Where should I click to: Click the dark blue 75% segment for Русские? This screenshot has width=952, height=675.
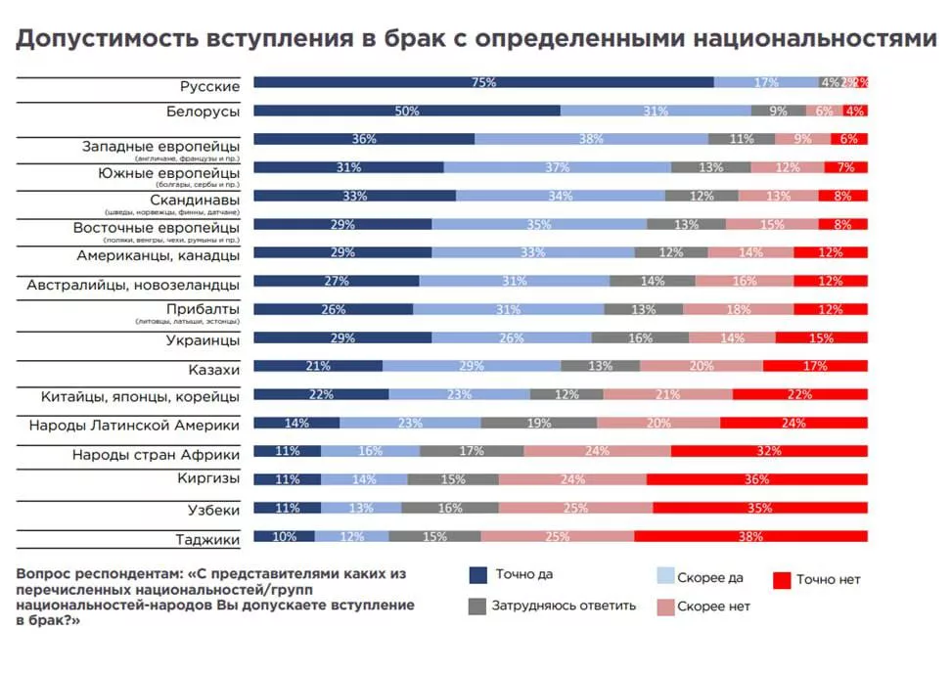point(483,83)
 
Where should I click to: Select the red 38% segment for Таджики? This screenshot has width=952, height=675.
point(750,537)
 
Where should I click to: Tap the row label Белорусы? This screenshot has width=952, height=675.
point(204,112)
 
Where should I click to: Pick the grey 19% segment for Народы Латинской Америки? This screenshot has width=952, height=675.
point(538,424)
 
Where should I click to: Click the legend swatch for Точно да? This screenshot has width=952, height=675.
point(478,576)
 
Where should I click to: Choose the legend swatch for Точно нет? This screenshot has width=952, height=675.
point(781,580)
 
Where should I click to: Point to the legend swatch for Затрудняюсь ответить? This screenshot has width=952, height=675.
point(478,606)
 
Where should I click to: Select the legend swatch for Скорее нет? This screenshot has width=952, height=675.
point(664,607)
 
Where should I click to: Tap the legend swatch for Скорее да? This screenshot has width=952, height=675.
point(664,577)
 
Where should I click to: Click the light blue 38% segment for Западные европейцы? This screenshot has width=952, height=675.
point(591,139)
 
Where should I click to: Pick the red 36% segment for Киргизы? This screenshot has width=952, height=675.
point(756,480)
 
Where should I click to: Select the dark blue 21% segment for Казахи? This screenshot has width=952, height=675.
point(318,367)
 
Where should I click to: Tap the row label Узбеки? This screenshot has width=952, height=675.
point(213,511)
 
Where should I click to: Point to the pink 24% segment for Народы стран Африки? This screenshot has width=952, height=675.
point(597,452)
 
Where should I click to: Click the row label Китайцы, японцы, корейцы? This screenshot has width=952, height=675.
point(141,396)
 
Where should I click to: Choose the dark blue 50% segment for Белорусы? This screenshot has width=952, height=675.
point(407,112)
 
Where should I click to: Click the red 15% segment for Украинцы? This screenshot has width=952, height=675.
point(821,338)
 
